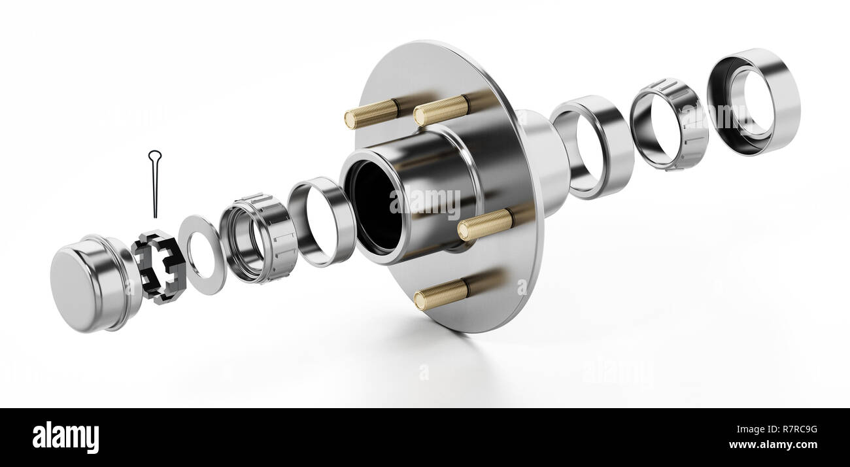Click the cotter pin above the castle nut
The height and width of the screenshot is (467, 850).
(x=155, y=190)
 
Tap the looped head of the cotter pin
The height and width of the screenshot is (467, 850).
(x=154, y=156)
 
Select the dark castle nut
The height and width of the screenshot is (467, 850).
(x=158, y=266)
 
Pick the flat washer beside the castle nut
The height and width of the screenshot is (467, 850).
(x=202, y=254)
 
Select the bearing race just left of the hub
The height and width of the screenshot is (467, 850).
(x=322, y=222)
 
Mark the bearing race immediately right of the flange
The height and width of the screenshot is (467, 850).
(x=592, y=147)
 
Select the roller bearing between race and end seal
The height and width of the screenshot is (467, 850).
(x=668, y=124)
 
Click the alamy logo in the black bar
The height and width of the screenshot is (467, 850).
(x=65, y=438)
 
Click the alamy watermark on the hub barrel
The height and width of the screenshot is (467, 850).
(x=425, y=203)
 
